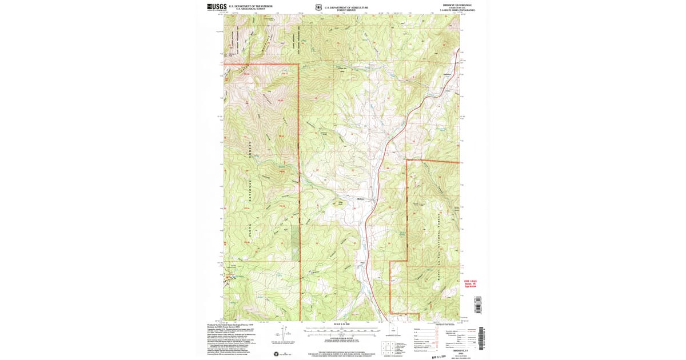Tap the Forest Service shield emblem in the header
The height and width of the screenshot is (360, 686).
pyautogui.click(x=317, y=7)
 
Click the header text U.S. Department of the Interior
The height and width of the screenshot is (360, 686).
pyautogui.click(x=250, y=6)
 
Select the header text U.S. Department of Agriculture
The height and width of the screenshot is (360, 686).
pyautogui.click(x=345, y=6)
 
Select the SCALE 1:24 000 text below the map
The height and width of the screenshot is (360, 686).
pyautogui.click(x=342, y=325)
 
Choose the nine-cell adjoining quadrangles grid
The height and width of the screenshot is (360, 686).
pyautogui.click(x=386, y=346)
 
